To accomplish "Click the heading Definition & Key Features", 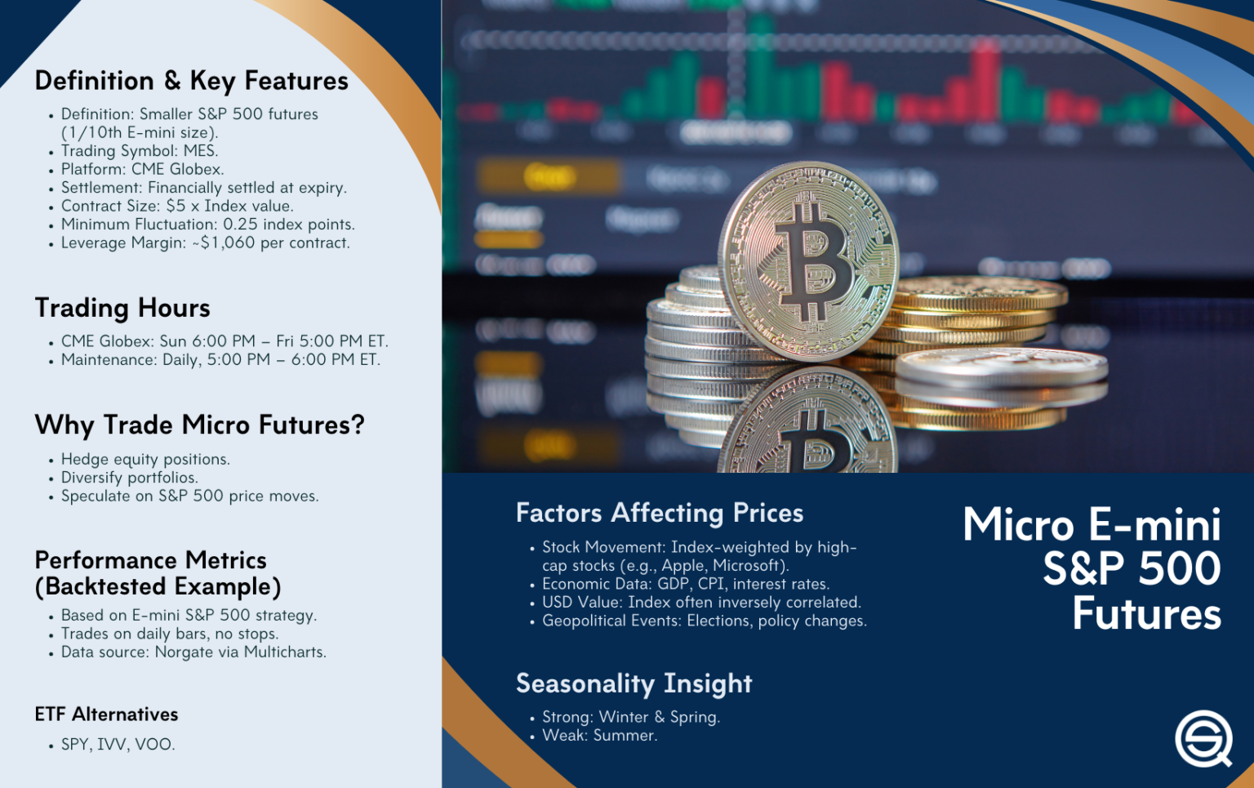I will [x=191, y=81].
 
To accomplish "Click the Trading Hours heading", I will [x=122, y=308].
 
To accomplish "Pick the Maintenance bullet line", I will [x=220, y=359].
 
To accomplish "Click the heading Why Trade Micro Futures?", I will [x=199, y=425].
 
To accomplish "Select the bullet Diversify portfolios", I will [x=129, y=478].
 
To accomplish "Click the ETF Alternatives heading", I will [x=106, y=715].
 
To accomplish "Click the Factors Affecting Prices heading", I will [x=660, y=513].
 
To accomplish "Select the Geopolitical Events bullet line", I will [x=704, y=621].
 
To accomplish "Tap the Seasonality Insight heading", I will [x=634, y=683].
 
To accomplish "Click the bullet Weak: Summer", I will [x=599, y=735].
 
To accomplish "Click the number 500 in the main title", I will [x=1180, y=568].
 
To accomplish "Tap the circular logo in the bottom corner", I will [x=1203, y=739].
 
